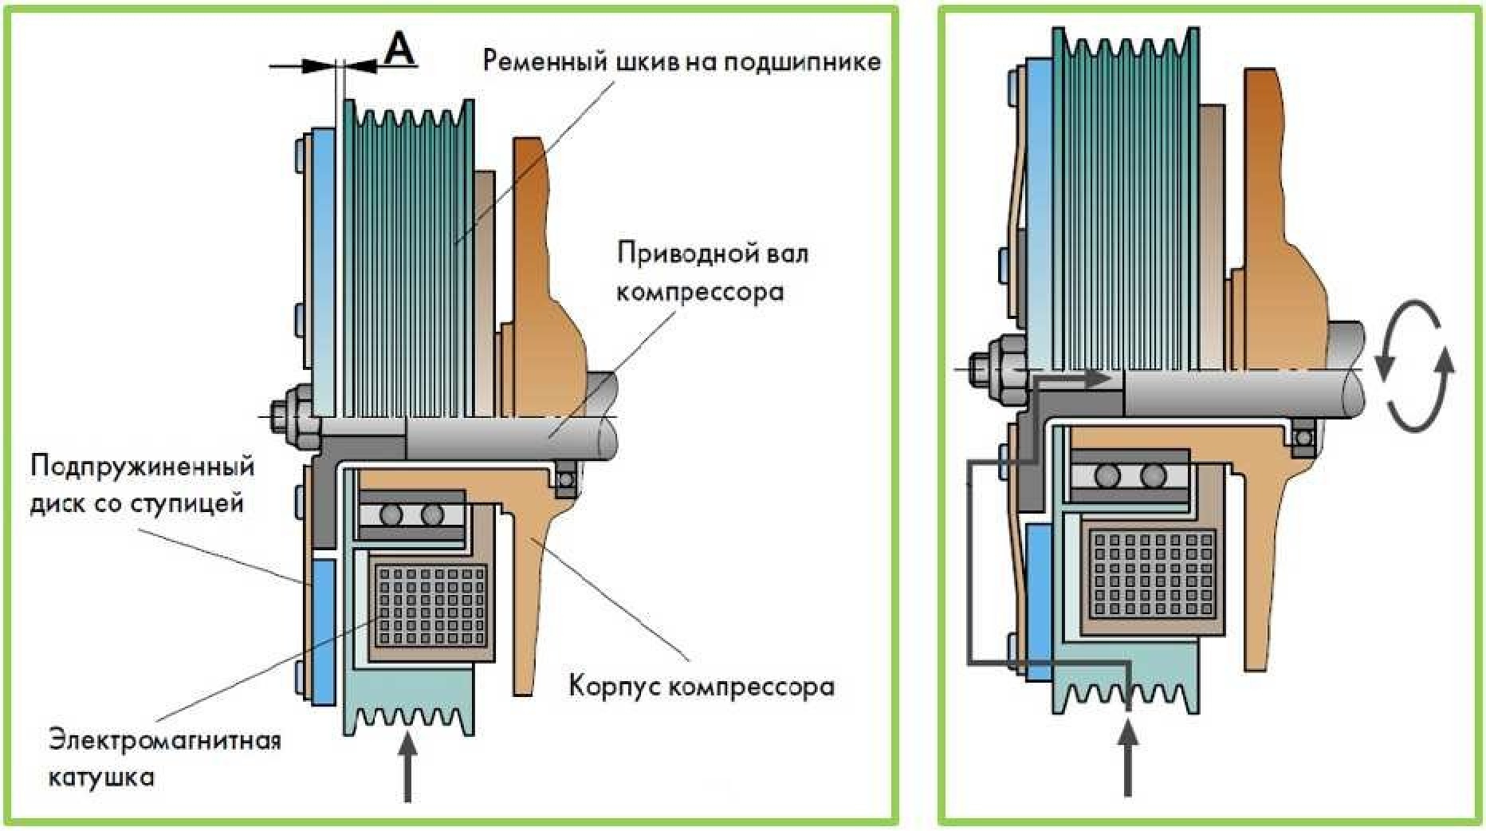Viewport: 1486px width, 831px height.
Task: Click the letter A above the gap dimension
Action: (399, 49)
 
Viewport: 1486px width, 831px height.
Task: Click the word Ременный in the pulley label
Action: (545, 61)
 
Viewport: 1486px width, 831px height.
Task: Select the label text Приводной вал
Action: (713, 254)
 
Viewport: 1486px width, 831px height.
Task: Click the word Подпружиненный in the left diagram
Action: (142, 466)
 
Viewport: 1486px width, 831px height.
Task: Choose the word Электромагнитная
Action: (165, 740)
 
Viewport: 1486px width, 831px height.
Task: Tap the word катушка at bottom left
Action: (101, 777)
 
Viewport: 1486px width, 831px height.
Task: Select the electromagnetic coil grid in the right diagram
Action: (1153, 574)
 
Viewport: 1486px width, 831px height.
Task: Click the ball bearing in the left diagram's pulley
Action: (411, 514)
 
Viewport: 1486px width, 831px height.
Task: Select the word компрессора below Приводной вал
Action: (700, 292)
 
